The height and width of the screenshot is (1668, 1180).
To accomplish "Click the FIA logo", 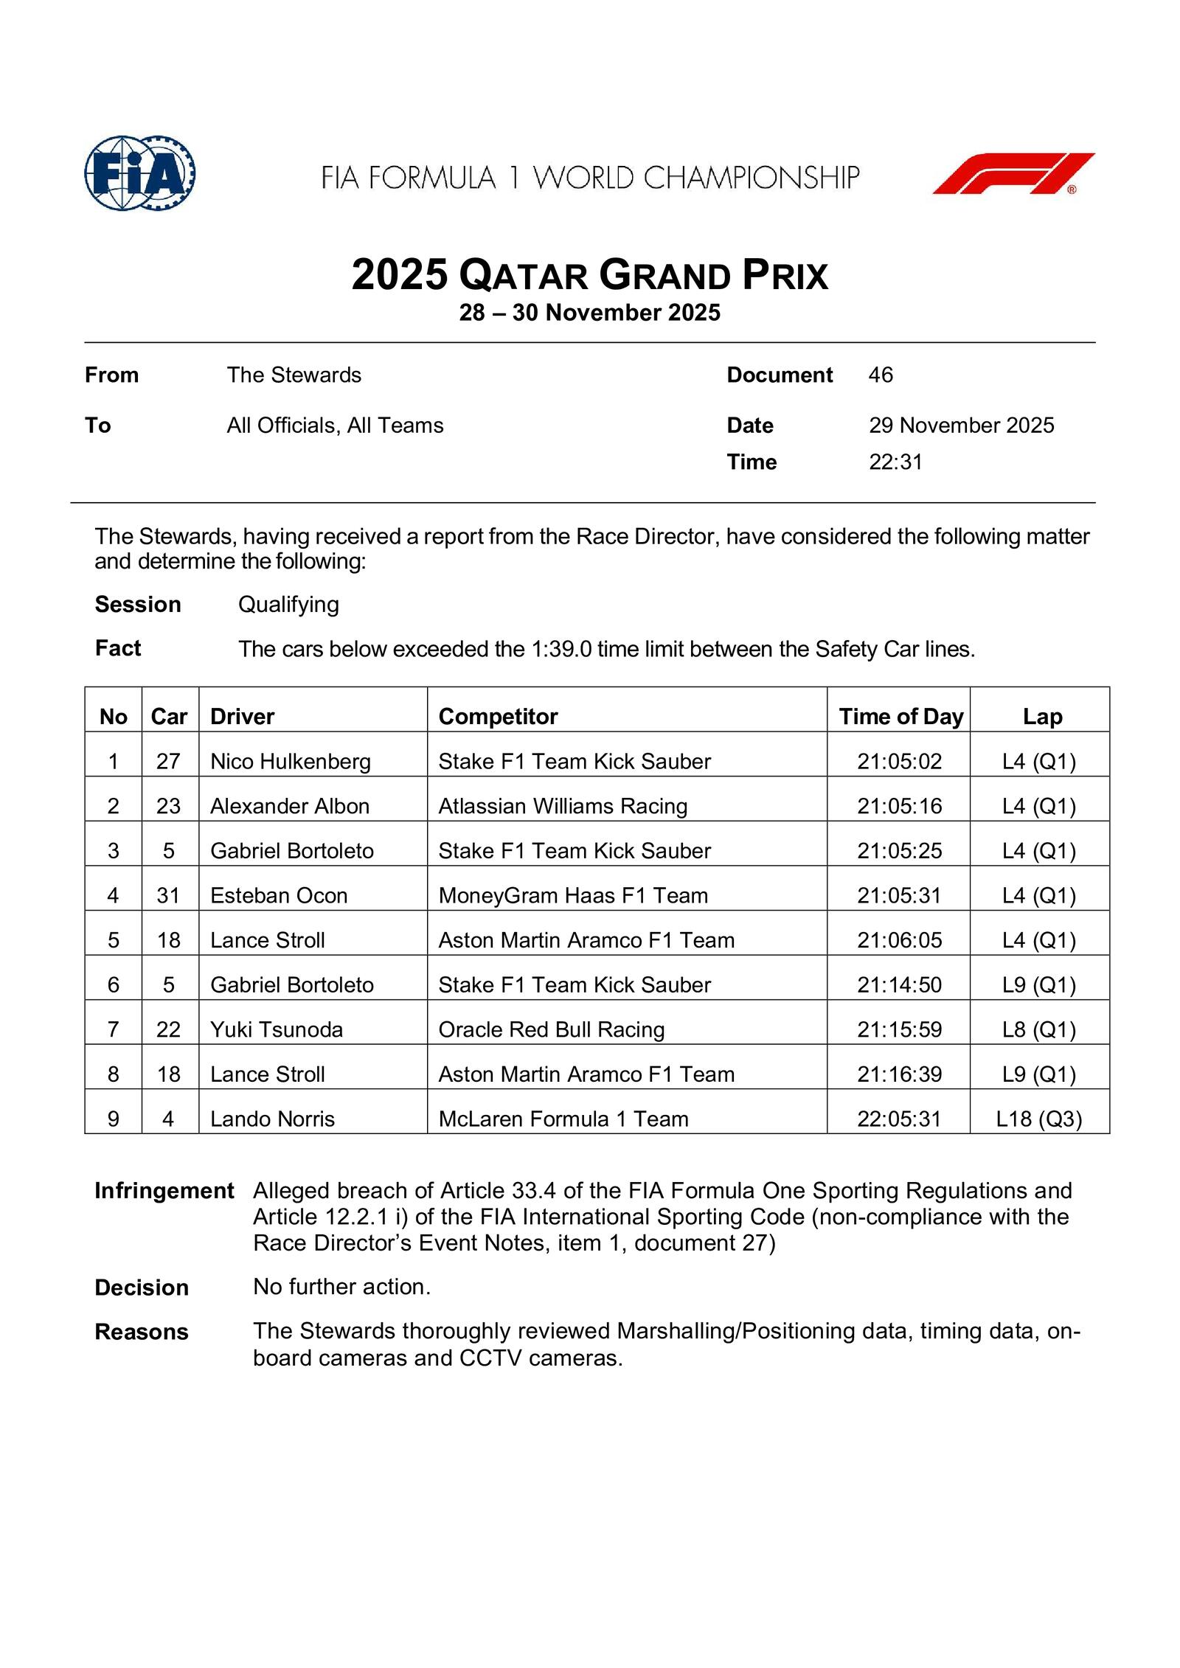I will (x=139, y=173).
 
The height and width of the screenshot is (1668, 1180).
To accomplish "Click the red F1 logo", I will (x=1013, y=174).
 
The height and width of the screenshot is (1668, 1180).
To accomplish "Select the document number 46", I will (x=881, y=375).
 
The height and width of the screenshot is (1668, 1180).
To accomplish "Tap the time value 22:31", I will (x=895, y=462).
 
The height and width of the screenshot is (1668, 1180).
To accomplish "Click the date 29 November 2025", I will (x=961, y=425).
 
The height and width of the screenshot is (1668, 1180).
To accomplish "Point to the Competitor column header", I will (x=498, y=717).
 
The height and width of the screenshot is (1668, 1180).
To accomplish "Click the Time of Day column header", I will (x=900, y=717).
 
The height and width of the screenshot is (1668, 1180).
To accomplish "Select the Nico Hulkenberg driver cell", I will (x=291, y=761).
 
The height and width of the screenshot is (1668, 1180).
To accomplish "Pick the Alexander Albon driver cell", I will (x=290, y=806).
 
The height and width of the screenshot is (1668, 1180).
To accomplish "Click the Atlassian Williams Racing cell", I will (x=563, y=806).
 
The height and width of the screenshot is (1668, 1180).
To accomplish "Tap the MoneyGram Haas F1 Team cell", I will (x=573, y=895).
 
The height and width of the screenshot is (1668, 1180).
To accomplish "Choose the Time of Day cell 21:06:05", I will (x=899, y=940).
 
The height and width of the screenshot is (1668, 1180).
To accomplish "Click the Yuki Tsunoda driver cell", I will (x=277, y=1029).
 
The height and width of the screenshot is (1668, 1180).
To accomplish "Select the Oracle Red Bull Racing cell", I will (x=552, y=1029).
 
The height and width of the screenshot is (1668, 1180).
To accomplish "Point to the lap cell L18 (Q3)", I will (x=1038, y=1119).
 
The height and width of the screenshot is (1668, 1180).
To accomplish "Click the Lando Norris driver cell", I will (x=272, y=1119).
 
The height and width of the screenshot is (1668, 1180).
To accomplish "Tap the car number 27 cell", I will (x=168, y=761).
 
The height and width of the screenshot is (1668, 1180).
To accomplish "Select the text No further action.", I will (x=341, y=1287).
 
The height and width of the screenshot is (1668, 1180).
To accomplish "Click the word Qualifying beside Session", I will (x=288, y=605).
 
